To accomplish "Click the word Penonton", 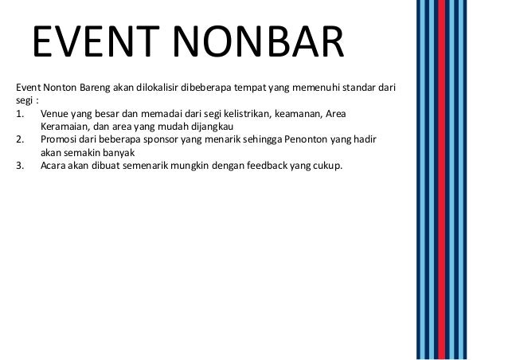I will coord(299,139).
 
